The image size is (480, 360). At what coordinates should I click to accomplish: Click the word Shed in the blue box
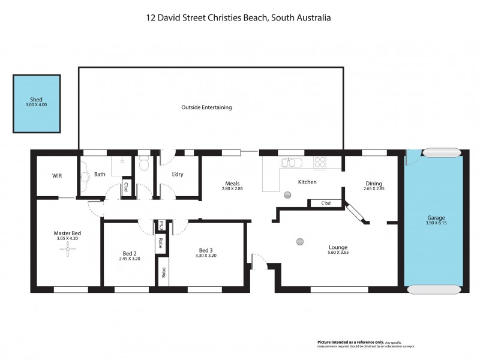click(x=37, y=100)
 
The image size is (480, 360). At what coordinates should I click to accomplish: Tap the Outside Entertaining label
click(x=206, y=107)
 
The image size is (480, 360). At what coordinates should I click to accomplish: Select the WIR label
click(x=58, y=175)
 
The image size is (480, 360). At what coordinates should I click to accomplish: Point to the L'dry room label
click(x=178, y=175)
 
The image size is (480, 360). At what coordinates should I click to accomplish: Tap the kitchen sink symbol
click(x=292, y=163)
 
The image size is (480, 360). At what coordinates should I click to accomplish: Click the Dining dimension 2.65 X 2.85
click(x=373, y=189)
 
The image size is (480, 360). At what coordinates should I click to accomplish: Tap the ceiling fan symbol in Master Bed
click(x=71, y=251)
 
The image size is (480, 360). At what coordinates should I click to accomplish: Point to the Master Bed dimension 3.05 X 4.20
click(x=67, y=239)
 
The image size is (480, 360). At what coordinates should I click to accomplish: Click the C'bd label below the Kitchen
click(x=326, y=203)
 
